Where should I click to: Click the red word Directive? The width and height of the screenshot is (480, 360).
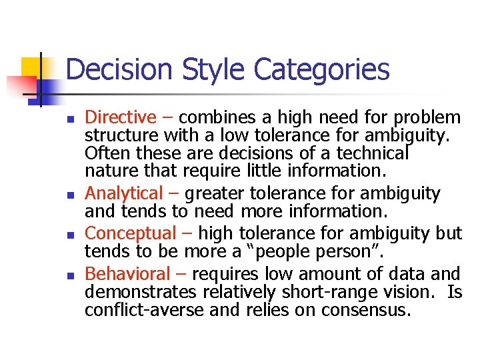[120, 118]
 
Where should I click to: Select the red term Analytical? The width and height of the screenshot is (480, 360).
[124, 194]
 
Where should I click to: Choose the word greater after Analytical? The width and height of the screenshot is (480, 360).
[217, 194]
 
